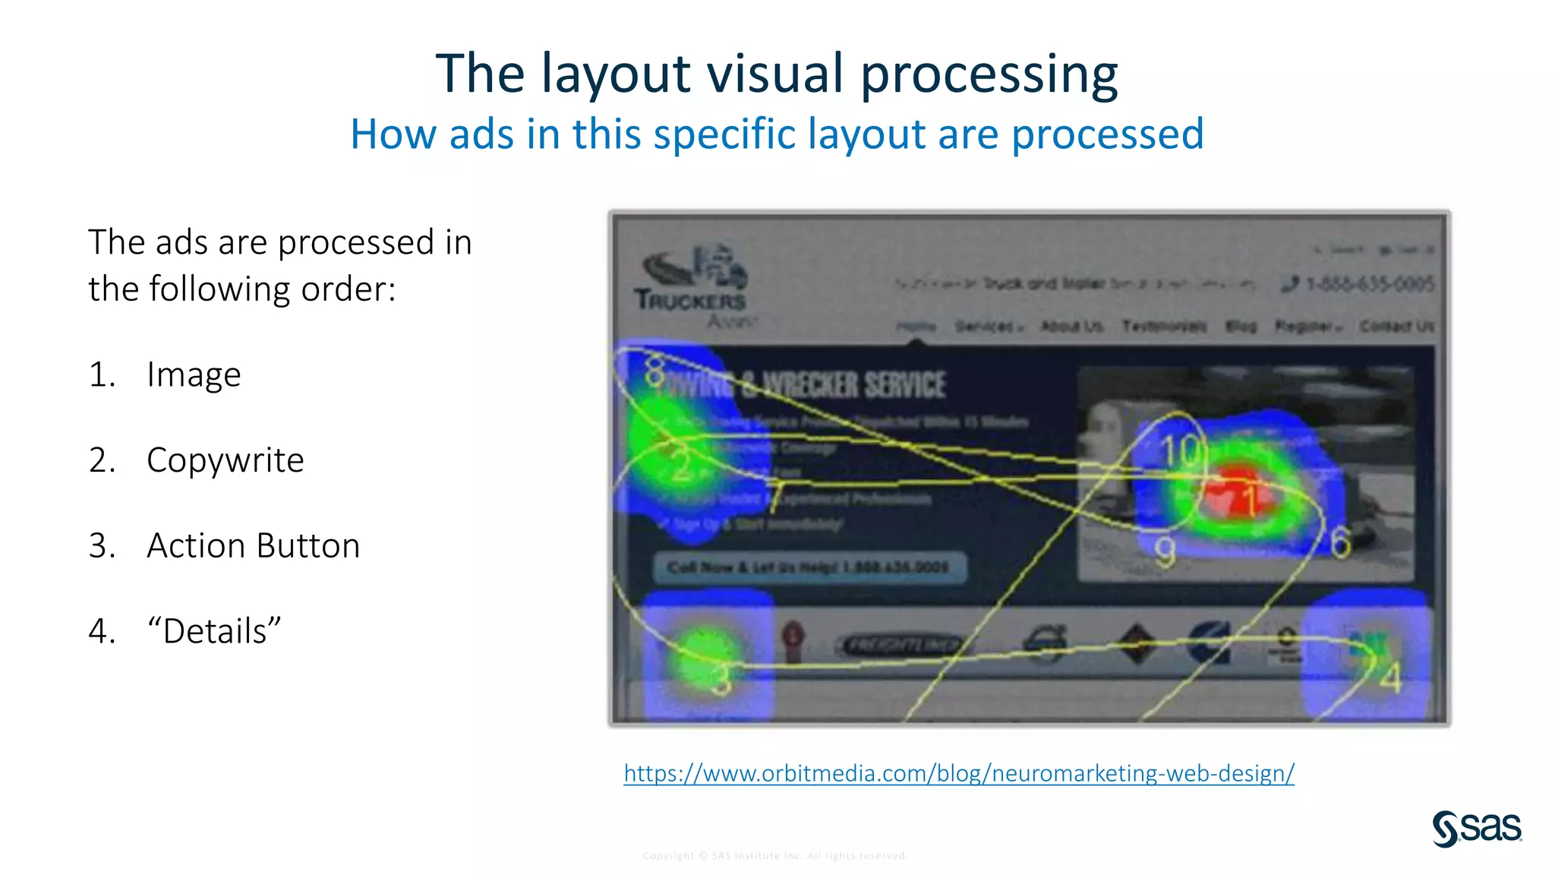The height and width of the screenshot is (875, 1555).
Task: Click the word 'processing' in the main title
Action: pyautogui.click(x=989, y=75)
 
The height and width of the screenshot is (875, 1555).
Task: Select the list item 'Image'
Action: pyautogui.click(x=194, y=374)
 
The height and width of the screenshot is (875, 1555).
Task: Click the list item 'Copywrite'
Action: pyautogui.click(x=225, y=460)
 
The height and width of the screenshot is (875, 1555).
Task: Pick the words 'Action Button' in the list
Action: pyautogui.click(x=253, y=546)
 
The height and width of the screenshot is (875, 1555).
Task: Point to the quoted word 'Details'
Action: pyautogui.click(x=215, y=631)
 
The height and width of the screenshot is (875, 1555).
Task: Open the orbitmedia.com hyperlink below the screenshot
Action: pyautogui.click(x=958, y=773)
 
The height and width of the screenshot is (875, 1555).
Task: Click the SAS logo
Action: pyautogui.click(x=1476, y=828)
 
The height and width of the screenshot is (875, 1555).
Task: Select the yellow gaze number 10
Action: pyautogui.click(x=1182, y=451)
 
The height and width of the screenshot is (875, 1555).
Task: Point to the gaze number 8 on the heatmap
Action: pyautogui.click(x=654, y=372)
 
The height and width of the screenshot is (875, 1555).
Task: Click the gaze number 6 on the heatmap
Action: pyautogui.click(x=1340, y=542)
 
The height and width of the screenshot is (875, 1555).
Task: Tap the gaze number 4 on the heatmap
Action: pyautogui.click(x=1389, y=677)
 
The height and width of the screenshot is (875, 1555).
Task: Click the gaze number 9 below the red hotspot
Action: pyautogui.click(x=1165, y=552)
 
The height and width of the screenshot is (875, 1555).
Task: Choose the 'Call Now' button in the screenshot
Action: pyautogui.click(x=809, y=567)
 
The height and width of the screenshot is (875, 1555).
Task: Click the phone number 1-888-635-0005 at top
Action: pyautogui.click(x=1369, y=284)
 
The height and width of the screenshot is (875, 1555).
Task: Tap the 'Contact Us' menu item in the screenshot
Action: pyautogui.click(x=1396, y=327)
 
